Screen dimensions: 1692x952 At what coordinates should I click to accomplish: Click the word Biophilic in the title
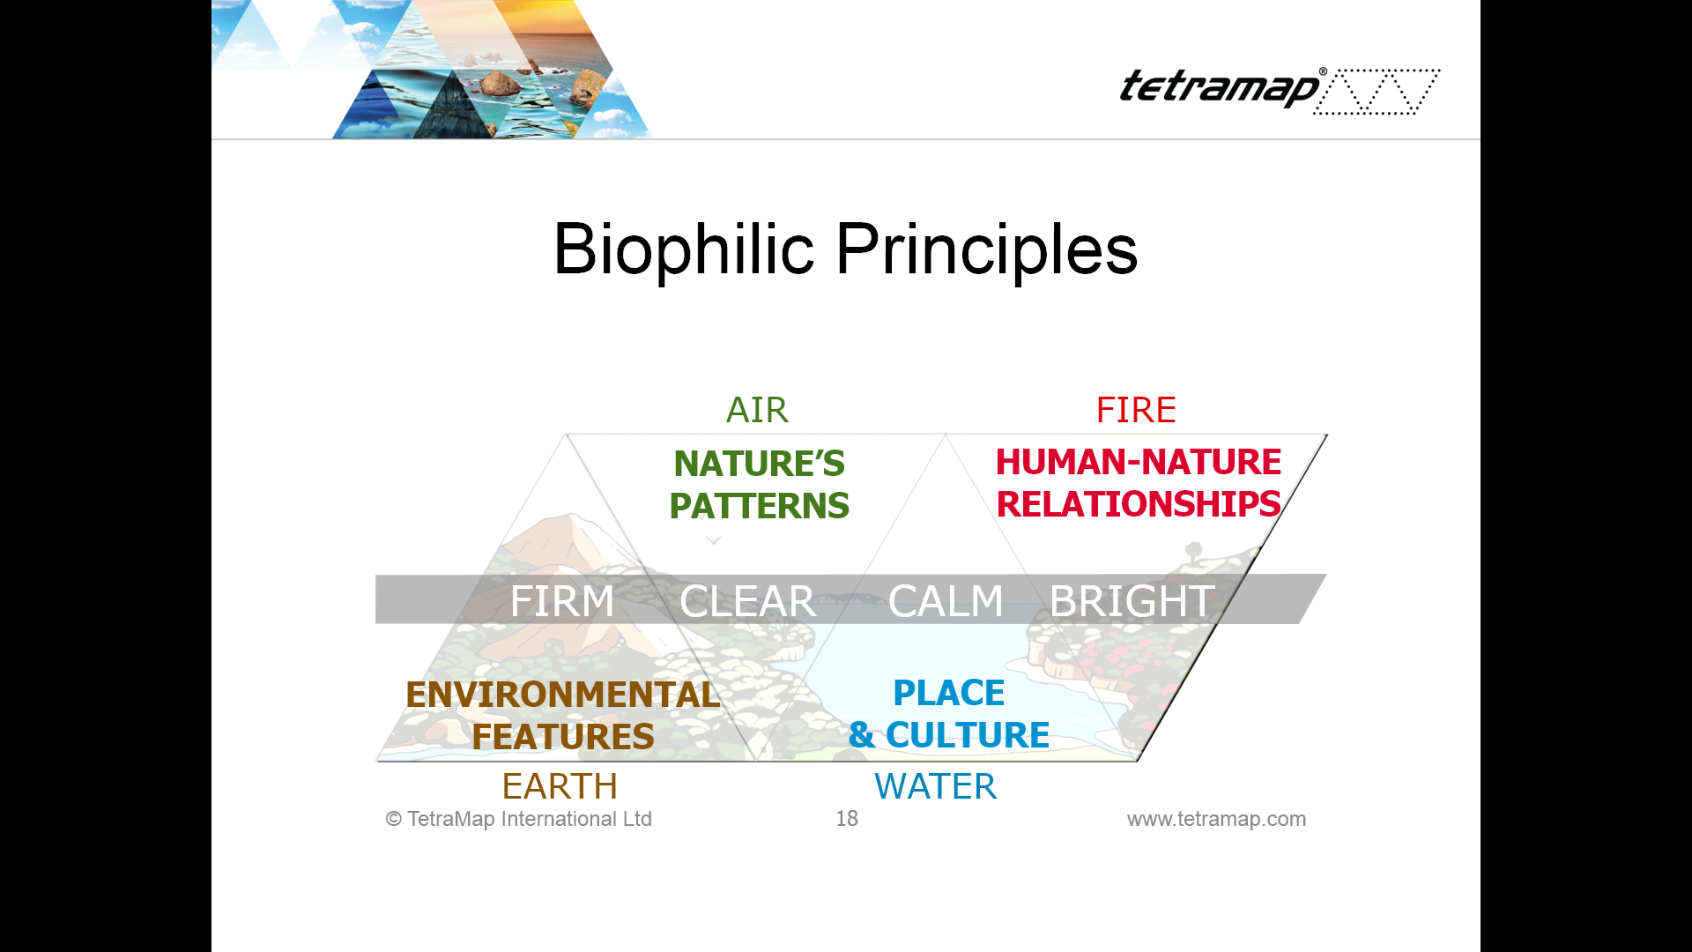[684, 249]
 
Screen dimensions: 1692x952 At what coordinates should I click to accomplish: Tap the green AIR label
[757, 410]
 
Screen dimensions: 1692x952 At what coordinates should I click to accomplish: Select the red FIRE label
[1136, 410]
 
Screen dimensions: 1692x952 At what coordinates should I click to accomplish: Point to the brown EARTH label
[560, 786]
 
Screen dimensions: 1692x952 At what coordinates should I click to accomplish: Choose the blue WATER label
[936, 786]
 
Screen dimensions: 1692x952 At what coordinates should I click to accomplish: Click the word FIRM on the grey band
[562, 601]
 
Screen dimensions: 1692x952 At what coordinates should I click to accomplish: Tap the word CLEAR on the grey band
[747, 601]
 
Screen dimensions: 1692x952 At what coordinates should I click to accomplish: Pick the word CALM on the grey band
[946, 601]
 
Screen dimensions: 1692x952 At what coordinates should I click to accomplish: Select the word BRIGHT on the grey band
[1132, 601]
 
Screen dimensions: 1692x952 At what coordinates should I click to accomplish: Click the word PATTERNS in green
[760, 506]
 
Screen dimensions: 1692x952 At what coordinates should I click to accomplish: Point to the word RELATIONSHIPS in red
[1139, 504]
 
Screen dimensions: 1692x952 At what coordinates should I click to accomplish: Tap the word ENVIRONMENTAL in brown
[563, 695]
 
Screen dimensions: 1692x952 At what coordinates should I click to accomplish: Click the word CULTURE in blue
[968, 735]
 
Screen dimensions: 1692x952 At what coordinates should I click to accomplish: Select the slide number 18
[847, 819]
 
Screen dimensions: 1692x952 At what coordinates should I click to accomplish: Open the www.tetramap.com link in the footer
[1216, 819]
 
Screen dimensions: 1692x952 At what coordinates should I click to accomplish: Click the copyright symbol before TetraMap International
[394, 819]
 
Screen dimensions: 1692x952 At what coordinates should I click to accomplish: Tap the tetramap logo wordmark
[1221, 88]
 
